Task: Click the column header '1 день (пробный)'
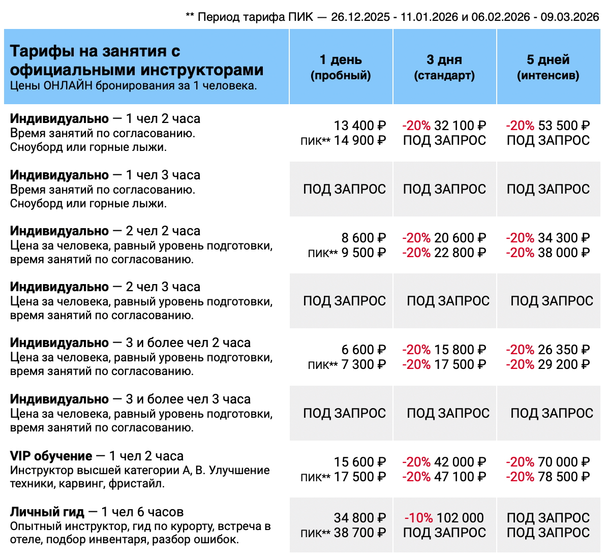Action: coord(341,68)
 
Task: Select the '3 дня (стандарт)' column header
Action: coord(444,68)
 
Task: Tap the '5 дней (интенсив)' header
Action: coord(548,68)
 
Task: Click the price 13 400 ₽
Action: coord(359,126)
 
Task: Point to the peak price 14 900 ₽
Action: coord(359,141)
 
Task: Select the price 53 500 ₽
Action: coord(563,126)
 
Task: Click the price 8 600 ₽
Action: coord(363,238)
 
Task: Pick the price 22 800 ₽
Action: coord(460,253)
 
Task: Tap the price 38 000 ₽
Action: coord(563,253)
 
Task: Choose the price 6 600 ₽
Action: coord(363,350)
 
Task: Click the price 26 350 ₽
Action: coord(563,350)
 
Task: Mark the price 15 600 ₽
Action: coord(359,462)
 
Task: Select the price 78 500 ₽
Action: coord(563,477)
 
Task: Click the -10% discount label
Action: coord(418,518)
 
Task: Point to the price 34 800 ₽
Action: coord(359,518)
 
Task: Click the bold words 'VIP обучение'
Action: coord(51,456)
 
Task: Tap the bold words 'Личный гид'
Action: coord(47,512)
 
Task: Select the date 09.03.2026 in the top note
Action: coord(569,17)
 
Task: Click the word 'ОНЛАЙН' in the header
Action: coord(68,85)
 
